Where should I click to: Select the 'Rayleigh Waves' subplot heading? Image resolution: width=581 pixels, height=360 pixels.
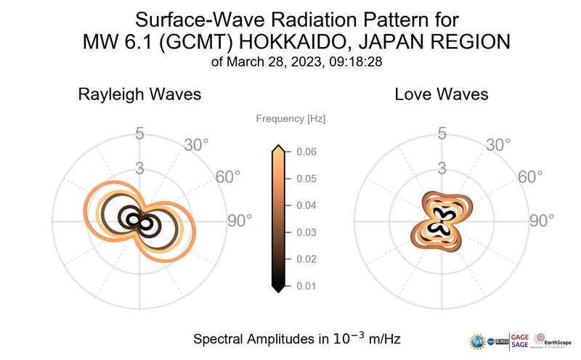tap(139, 94)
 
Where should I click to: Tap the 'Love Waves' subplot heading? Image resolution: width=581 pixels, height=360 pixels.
tap(441, 94)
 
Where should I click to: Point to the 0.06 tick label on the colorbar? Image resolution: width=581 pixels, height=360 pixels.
tap(306, 152)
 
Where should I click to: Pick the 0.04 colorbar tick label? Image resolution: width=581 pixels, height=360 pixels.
tap(306, 205)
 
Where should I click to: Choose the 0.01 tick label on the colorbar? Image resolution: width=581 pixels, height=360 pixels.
tap(306, 286)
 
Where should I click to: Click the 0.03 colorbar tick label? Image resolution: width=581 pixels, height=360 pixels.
tap(306, 232)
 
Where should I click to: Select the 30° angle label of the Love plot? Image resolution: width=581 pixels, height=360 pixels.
tap(498, 144)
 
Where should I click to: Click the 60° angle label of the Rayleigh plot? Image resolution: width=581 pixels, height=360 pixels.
tap(228, 177)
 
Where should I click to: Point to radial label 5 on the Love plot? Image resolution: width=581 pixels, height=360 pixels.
tap(441, 134)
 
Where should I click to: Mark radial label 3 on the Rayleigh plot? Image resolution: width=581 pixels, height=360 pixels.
tap(139, 168)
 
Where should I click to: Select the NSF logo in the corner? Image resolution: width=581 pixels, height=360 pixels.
tap(477, 340)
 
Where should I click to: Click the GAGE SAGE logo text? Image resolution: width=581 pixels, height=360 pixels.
tap(519, 340)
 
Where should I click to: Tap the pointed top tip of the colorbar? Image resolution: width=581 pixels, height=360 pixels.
tap(277, 147)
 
